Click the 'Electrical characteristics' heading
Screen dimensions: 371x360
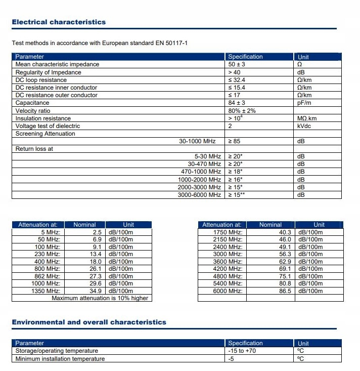(x=59, y=22)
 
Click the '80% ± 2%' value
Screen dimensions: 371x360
(x=242, y=111)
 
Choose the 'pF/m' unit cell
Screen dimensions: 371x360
(x=304, y=103)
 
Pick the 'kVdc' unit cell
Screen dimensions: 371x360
(x=304, y=126)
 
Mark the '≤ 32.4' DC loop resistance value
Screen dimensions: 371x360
(x=238, y=80)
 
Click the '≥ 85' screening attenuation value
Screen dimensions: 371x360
(x=234, y=142)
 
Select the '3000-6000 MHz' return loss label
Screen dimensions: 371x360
(x=199, y=195)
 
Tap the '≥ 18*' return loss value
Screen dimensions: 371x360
(x=236, y=172)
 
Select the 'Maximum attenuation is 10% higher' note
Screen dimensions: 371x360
(x=100, y=298)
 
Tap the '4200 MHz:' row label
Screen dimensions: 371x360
(x=229, y=269)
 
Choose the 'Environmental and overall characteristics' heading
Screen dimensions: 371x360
(x=89, y=322)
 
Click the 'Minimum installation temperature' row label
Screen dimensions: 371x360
(x=60, y=359)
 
